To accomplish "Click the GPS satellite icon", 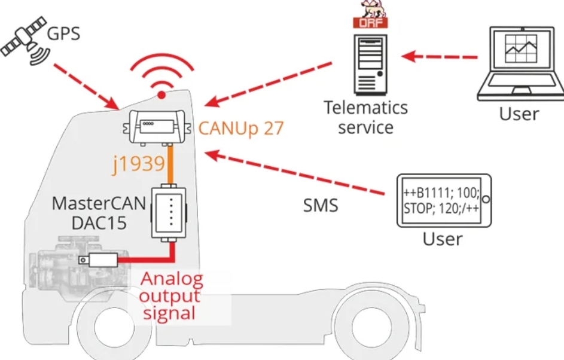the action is (x=25, y=41).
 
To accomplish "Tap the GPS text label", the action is (x=63, y=34).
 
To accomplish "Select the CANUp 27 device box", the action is (x=157, y=127).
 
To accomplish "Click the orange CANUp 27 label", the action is (x=241, y=128).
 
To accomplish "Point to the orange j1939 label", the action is (x=139, y=164).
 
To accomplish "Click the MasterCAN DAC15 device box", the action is (x=169, y=212).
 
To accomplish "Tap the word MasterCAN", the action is (x=99, y=203).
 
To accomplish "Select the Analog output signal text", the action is (x=171, y=297).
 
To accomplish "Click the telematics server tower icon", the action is (x=370, y=64).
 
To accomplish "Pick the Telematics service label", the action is (x=366, y=117).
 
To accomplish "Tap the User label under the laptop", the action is (x=519, y=114).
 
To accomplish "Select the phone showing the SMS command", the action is (x=444, y=201).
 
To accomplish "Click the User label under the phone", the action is (x=443, y=239).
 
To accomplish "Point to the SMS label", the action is (x=321, y=206).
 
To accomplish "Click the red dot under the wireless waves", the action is (x=161, y=95).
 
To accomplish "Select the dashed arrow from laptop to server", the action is (x=439, y=56).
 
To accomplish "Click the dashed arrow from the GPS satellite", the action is (x=86, y=86).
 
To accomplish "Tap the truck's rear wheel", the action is (x=371, y=327).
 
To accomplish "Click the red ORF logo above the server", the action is (x=370, y=23).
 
